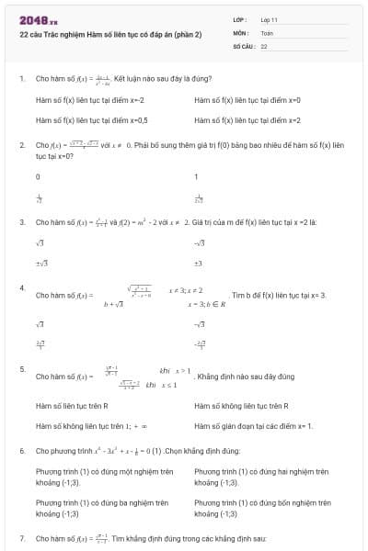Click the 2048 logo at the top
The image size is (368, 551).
point(38,19)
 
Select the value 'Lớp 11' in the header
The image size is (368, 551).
point(270,19)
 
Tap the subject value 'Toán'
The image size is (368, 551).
point(267,32)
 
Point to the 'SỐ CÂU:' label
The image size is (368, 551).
point(244,45)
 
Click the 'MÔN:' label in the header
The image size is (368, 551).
point(241,32)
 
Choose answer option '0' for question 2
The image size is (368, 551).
point(38,176)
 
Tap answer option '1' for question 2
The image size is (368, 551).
point(196,176)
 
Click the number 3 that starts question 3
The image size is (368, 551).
point(21,222)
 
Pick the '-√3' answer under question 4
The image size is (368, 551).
point(200,324)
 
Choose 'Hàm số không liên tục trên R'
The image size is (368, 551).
point(241,405)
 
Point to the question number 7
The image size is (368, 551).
point(21,536)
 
